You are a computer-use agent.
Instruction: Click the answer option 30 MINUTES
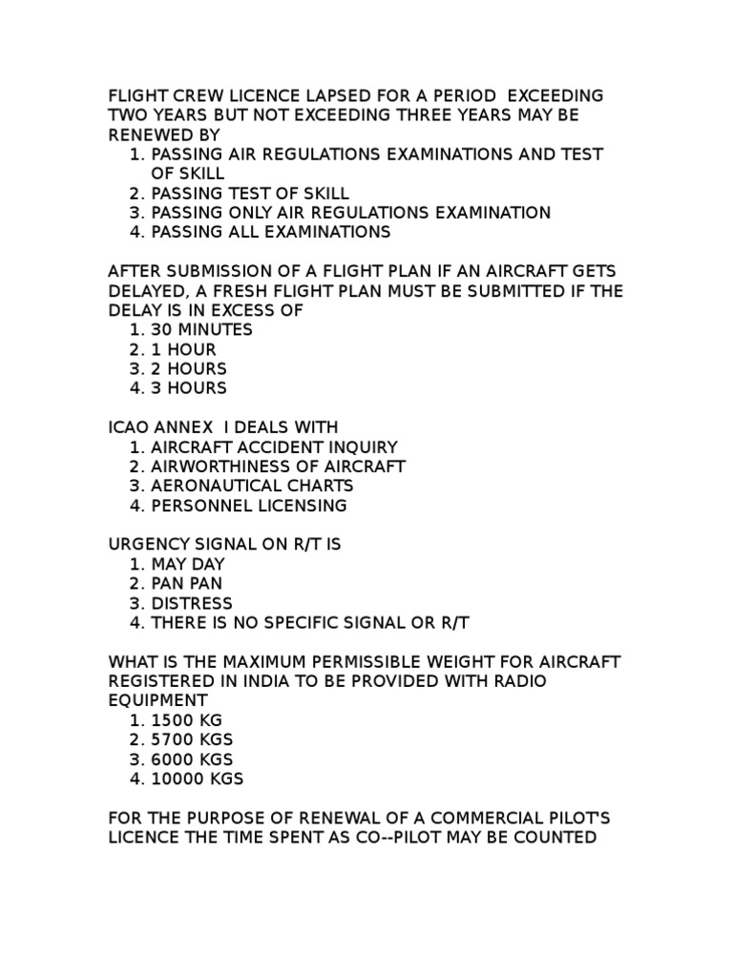point(201,329)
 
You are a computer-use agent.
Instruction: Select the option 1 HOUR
point(183,349)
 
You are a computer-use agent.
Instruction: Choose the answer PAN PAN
point(187,584)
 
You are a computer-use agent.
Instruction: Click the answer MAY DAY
point(188,564)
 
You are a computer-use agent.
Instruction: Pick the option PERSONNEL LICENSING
point(249,506)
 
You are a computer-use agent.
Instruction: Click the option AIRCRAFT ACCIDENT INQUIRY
point(274,447)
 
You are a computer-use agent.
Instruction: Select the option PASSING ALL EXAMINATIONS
point(271,232)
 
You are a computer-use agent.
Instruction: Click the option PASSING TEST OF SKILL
point(250,193)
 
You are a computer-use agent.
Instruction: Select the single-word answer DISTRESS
point(191,603)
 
